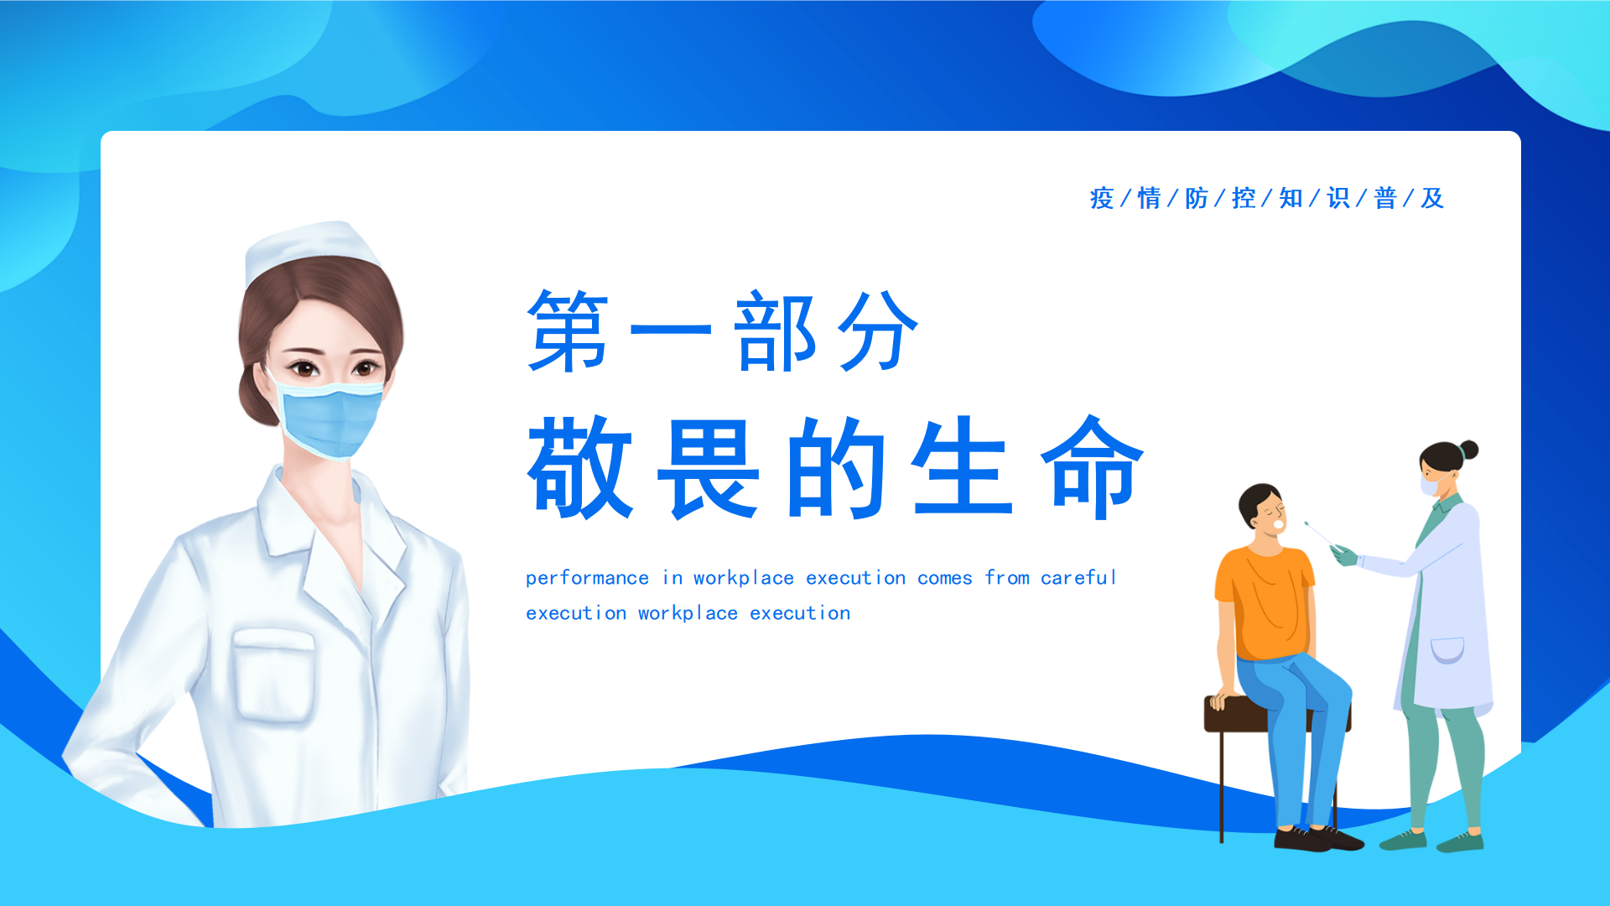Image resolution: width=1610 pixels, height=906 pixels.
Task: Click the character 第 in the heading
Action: (568, 331)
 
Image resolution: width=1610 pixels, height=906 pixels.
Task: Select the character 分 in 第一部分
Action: (878, 331)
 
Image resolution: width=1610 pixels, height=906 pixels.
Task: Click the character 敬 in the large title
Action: (579, 467)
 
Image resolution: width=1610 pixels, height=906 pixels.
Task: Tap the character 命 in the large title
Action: (1093, 467)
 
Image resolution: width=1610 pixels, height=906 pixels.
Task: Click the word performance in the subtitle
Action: (587, 578)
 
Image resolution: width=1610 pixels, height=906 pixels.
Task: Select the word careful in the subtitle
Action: (1078, 577)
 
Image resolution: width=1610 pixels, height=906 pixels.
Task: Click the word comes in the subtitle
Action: (944, 578)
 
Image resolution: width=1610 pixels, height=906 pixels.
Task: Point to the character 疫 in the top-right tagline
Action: (1102, 198)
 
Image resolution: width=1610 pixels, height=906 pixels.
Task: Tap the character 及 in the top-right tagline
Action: (1432, 198)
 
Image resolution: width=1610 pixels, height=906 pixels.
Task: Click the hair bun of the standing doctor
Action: (1468, 450)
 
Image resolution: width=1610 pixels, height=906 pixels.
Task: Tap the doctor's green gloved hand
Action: (1344, 555)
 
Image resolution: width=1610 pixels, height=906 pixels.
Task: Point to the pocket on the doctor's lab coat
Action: (1446, 649)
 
